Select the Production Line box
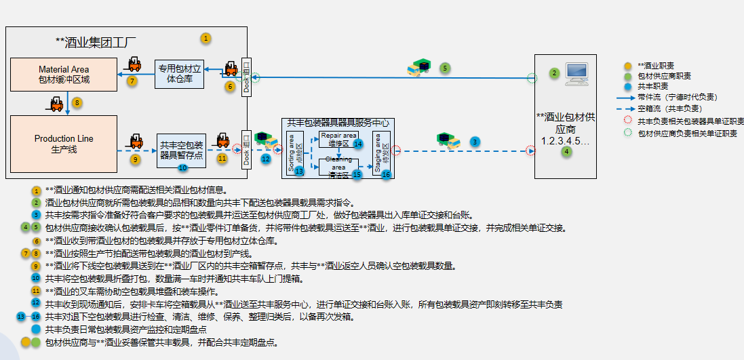64,143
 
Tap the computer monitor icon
576,73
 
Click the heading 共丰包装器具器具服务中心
338,123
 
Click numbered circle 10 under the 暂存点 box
182,167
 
